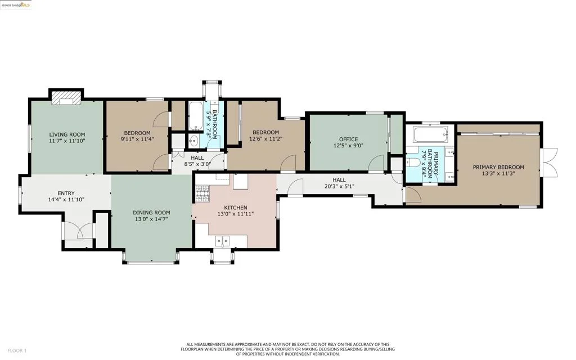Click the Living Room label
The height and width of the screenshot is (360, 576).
coord(67,135)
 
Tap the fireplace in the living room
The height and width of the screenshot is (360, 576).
coord(66,98)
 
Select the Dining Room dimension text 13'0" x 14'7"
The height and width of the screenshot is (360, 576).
coord(151,219)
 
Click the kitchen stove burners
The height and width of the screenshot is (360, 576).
coord(202,193)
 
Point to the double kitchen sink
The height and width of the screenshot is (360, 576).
coord(223,241)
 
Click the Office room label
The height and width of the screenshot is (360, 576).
coord(348,139)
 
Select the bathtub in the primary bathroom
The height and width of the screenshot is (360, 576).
coord(430,135)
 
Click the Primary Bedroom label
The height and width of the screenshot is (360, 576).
coord(498,167)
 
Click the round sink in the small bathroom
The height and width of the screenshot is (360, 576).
coord(193,140)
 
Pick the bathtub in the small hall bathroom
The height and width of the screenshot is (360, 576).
coord(195,116)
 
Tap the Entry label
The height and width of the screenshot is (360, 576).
coord(66,193)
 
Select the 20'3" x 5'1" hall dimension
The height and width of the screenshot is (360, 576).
coord(339,186)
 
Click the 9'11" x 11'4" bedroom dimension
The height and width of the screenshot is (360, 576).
coord(137,139)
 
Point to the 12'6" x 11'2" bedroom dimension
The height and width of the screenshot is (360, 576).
coord(265,139)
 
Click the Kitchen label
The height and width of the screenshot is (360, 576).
coord(236,208)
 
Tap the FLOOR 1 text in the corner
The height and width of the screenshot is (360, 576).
coord(17,351)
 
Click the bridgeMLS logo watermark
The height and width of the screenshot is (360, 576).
coord(16,5)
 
